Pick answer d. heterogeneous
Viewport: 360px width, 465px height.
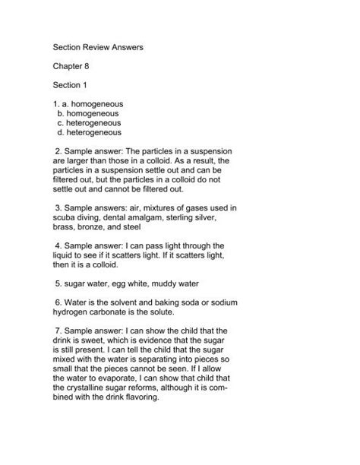point(90,131)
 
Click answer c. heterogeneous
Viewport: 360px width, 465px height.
point(90,122)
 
